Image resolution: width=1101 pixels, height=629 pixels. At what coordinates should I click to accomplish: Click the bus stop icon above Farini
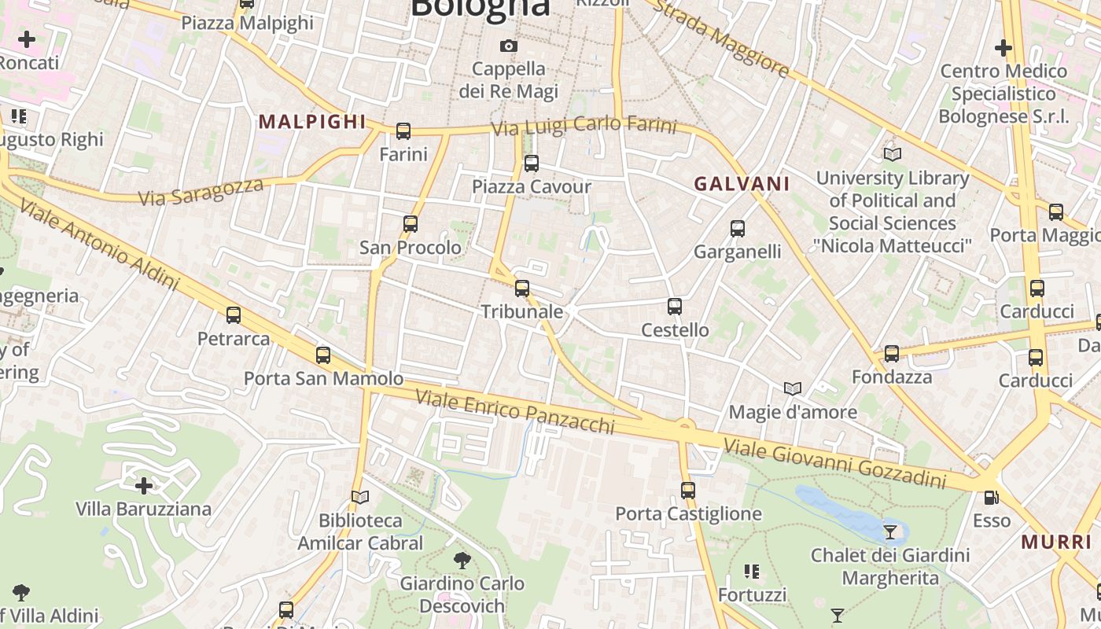point(403,131)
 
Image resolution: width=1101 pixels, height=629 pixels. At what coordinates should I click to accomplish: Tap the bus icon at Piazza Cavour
point(532,164)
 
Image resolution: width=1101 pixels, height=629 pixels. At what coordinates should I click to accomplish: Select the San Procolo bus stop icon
point(410,224)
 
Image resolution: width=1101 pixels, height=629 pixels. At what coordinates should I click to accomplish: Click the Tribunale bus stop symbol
point(521,289)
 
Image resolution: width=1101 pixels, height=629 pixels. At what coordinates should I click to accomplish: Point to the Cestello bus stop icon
point(674,307)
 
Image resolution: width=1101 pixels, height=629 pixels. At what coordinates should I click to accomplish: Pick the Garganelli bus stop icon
point(737,229)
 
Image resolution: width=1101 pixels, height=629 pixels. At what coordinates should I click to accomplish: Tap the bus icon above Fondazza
point(891,354)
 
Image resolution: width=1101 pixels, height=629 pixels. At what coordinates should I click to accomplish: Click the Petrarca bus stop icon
point(233,315)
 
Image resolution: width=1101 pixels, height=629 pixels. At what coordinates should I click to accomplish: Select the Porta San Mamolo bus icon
point(322,355)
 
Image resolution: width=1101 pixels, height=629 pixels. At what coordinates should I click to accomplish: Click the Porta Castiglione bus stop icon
point(688,491)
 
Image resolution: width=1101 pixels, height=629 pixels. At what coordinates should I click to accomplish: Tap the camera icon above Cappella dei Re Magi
point(509,46)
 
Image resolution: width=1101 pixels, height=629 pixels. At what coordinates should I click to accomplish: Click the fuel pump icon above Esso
point(991,497)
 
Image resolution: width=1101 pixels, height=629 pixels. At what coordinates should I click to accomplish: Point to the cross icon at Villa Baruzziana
point(144,485)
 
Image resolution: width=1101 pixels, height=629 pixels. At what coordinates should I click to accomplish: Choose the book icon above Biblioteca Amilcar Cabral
point(359,497)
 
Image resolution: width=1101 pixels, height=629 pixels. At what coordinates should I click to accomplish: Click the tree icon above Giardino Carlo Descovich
point(462,560)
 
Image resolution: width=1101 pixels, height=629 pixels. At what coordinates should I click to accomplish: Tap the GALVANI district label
point(742,184)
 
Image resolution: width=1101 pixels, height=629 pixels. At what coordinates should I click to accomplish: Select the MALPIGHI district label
point(312,122)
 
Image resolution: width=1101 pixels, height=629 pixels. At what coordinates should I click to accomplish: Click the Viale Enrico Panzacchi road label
point(514,411)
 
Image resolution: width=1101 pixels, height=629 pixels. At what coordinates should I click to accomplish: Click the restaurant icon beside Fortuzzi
point(752,572)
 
